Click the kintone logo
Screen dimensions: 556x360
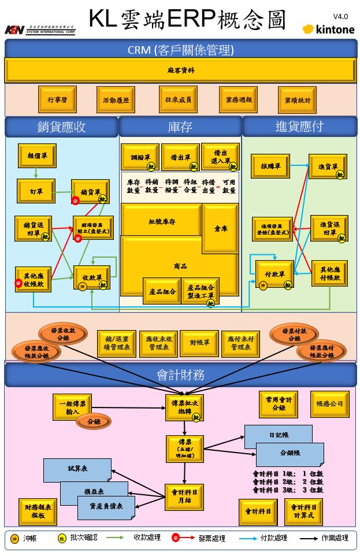[328, 29]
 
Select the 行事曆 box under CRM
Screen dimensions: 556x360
[57, 99]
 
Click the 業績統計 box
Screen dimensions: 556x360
[297, 100]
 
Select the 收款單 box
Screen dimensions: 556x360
[91, 277]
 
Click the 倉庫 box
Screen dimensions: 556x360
[220, 228]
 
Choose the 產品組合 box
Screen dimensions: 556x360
[161, 291]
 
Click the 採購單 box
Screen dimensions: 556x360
[270, 166]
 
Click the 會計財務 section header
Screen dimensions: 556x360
[180, 375]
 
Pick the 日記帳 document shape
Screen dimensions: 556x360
[277, 434]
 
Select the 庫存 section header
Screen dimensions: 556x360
[180, 127]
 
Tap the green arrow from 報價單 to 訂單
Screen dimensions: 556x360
[36, 172]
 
